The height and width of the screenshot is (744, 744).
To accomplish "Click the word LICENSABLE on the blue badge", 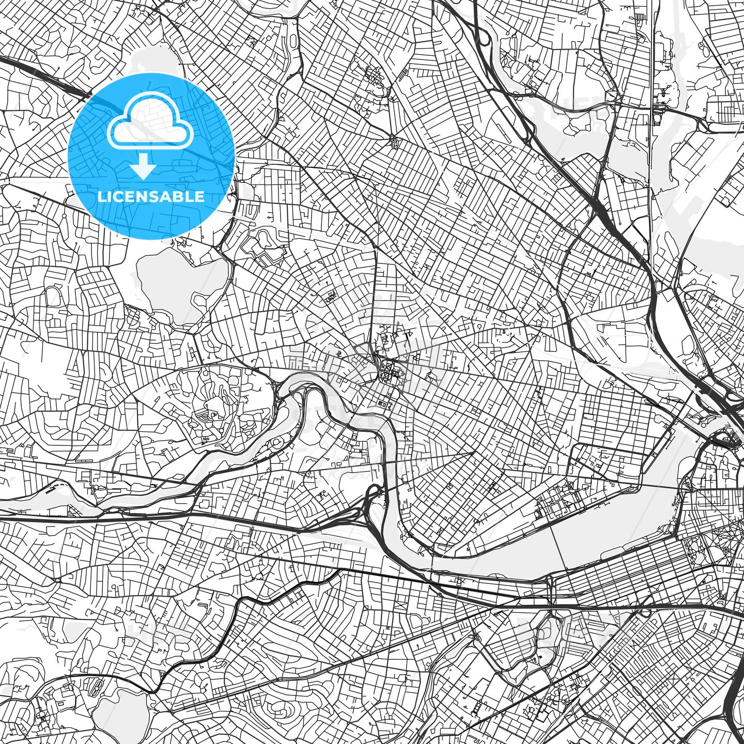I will coord(151,196).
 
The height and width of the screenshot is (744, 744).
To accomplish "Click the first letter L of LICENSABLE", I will coord(101,196).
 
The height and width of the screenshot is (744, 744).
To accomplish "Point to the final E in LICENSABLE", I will coord(200,196).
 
